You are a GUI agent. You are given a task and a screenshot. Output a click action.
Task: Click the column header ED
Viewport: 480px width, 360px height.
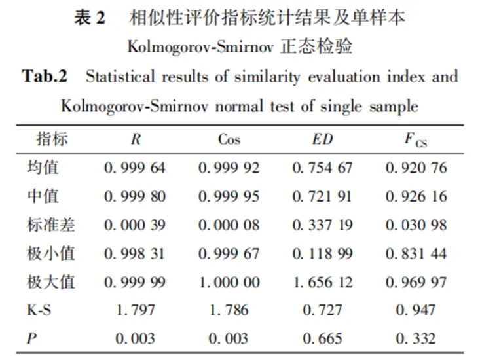(322, 139)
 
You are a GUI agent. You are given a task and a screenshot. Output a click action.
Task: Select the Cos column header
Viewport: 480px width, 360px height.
(229, 139)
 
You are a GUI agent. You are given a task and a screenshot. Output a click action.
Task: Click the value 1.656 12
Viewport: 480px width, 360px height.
(322, 282)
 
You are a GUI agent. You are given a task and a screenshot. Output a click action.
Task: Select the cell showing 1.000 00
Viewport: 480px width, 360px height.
(229, 282)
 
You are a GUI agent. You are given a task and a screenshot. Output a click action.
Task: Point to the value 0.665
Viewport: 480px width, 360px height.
(322, 338)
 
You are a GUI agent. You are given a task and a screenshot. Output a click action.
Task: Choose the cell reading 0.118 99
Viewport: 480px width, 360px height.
(322, 253)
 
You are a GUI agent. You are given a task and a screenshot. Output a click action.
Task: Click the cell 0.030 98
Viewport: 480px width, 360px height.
(416, 225)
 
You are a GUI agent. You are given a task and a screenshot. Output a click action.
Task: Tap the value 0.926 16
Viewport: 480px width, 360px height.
(416, 196)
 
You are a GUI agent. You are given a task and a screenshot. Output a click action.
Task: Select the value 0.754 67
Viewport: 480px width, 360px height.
(322, 168)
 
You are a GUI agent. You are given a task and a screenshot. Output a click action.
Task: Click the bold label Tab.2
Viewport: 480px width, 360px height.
(45, 76)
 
